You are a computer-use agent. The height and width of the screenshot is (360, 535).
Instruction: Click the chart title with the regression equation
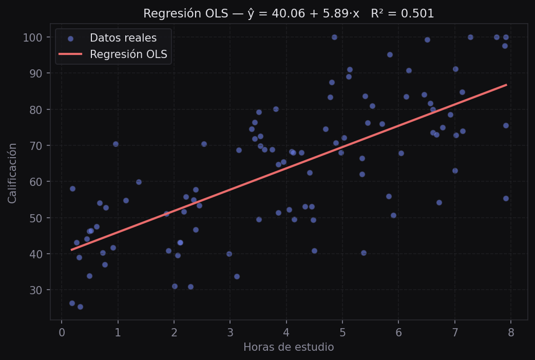(289, 14)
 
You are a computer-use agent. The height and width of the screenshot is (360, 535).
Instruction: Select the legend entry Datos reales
(123, 38)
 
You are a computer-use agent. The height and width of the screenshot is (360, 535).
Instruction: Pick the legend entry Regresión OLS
(128, 54)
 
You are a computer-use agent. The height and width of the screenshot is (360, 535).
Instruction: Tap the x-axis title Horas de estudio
(289, 348)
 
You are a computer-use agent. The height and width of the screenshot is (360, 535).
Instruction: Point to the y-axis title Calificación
(13, 173)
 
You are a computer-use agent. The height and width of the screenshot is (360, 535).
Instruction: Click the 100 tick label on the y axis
(33, 37)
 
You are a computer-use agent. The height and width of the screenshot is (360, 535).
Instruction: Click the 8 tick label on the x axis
(511, 332)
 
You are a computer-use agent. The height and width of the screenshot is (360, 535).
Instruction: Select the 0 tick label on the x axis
(62, 332)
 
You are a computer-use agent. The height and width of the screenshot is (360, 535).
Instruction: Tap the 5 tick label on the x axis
(342, 332)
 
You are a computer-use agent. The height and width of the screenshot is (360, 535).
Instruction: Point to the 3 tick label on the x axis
(230, 332)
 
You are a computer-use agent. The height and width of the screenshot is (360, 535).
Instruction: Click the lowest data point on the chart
(80, 307)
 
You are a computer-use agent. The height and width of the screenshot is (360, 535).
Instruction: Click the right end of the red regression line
(506, 85)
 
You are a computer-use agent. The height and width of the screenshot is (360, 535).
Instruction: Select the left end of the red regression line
(72, 250)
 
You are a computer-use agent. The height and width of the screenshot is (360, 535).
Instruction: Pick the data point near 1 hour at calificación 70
(116, 144)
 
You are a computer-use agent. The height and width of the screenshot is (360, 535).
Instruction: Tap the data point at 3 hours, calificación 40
(229, 254)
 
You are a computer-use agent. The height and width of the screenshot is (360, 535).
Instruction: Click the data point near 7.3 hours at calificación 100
(470, 37)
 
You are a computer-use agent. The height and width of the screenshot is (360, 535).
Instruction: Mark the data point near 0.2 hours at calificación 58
(72, 188)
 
